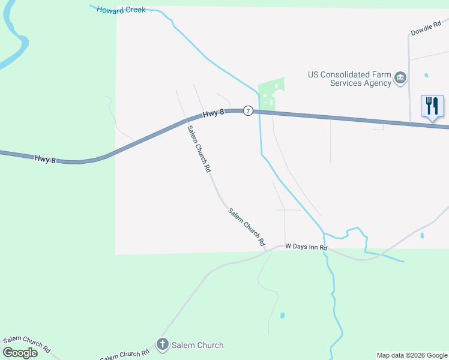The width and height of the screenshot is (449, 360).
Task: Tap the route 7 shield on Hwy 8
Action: [x=247, y=112]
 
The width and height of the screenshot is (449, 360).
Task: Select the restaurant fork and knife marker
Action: [x=432, y=106]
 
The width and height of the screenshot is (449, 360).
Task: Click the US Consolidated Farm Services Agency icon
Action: [x=400, y=78]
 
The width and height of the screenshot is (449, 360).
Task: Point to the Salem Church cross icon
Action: [x=162, y=344]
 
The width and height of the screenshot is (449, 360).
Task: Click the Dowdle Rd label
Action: [x=426, y=28]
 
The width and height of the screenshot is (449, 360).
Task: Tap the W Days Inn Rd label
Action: [x=306, y=247]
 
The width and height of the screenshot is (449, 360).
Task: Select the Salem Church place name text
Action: [x=197, y=345]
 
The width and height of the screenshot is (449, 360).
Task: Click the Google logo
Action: [x=20, y=353]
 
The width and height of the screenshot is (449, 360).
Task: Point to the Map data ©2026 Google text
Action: [x=412, y=355]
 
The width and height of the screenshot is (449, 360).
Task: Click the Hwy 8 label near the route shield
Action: [x=213, y=113]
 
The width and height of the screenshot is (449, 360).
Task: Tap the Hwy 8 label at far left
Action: [x=45, y=159]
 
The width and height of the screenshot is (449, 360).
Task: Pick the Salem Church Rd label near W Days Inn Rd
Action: [x=246, y=227]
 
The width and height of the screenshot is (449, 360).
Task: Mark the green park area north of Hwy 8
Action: [x=271, y=93]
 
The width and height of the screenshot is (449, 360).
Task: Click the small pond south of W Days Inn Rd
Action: [x=282, y=315]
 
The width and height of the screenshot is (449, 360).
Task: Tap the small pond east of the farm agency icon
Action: [x=426, y=76]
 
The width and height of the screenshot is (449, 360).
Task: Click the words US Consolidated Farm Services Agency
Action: [x=350, y=79]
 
